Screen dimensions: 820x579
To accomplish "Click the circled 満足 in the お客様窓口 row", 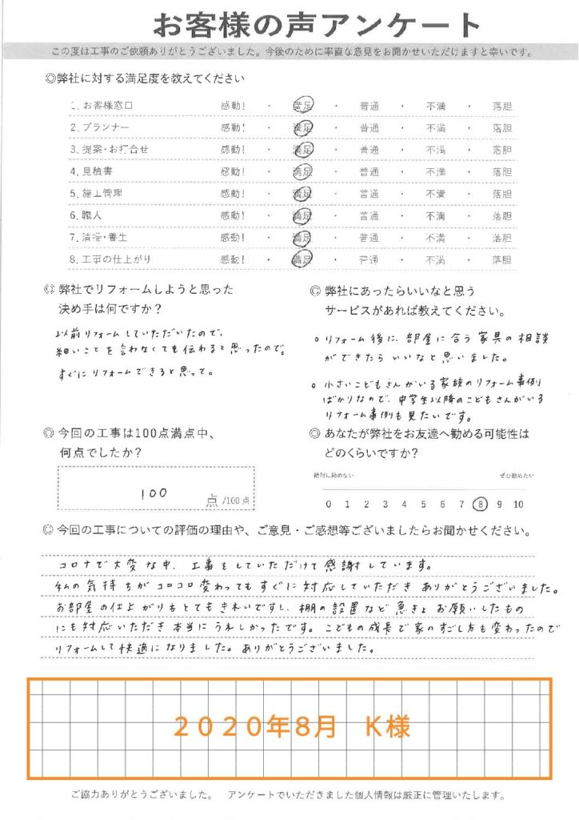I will [x=303, y=106].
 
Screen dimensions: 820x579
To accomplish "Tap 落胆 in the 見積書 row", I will [x=502, y=171].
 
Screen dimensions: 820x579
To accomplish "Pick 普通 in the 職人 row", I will [x=369, y=216].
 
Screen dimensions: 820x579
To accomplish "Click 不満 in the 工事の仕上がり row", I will [x=436, y=260].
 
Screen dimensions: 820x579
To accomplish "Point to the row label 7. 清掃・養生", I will [x=99, y=238].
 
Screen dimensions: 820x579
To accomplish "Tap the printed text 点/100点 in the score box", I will [x=229, y=500].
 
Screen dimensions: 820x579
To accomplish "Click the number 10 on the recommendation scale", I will [x=517, y=504].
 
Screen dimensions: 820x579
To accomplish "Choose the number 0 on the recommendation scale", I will [x=328, y=504].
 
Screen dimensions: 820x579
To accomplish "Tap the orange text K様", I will [x=387, y=727].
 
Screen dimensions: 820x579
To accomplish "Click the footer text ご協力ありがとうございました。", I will [x=140, y=795].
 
